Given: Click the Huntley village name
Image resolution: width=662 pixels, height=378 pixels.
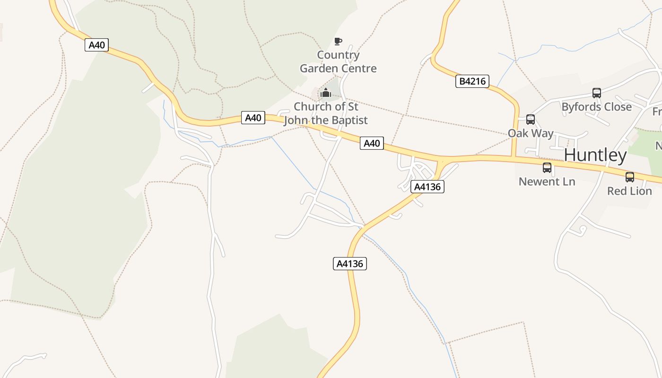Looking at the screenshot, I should click(x=595, y=155).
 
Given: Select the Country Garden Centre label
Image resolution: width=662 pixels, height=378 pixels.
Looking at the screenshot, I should click(x=338, y=61).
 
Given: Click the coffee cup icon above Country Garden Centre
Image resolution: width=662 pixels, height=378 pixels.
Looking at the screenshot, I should click(x=338, y=42).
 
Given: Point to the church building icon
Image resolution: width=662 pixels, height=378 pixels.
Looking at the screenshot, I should click(x=325, y=93).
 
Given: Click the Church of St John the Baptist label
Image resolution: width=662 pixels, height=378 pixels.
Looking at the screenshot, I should click(x=326, y=113).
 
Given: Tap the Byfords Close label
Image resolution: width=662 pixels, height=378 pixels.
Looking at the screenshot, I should click(x=596, y=107).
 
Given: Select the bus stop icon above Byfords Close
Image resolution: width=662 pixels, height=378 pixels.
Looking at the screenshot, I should click(x=597, y=93).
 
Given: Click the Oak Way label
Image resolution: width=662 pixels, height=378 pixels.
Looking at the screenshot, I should click(x=531, y=133).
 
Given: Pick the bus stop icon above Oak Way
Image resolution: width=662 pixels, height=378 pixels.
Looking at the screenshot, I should click(x=531, y=120).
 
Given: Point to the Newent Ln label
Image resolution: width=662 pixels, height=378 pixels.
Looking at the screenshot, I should click(x=547, y=181).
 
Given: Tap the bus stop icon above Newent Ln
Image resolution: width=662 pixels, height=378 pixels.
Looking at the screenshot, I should click(x=547, y=168).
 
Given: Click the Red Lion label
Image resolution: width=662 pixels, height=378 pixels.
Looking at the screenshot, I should click(x=629, y=191).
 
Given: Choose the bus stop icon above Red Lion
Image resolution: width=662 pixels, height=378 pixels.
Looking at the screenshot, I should click(x=630, y=177).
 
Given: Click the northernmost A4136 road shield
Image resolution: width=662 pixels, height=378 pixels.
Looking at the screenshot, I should click(x=427, y=187).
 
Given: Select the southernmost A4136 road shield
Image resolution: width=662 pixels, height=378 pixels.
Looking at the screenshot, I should click(x=350, y=264).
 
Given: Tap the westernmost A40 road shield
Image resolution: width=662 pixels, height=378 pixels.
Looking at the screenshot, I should click(x=96, y=45).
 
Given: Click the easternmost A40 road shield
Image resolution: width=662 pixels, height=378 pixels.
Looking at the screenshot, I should click(x=372, y=143).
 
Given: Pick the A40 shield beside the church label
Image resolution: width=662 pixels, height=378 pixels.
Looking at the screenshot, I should click(x=253, y=118).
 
